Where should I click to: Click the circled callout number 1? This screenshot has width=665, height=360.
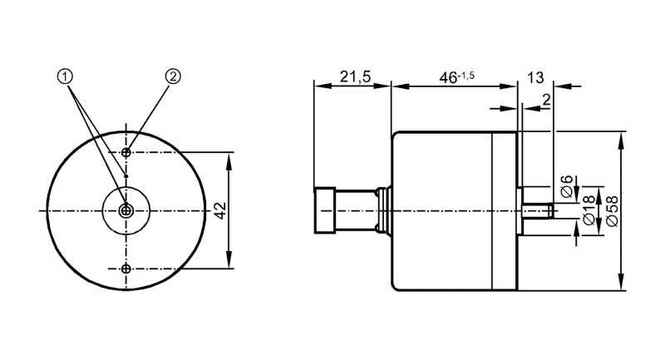65,76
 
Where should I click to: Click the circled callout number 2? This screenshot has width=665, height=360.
173,76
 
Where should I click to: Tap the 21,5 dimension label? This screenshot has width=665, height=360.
355,76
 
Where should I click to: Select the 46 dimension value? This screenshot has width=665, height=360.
448,78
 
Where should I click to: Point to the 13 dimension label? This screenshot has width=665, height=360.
535,77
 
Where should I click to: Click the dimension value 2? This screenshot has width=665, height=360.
546,100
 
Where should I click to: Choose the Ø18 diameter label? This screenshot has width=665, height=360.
589,210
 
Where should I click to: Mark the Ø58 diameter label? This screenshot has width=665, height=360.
613,210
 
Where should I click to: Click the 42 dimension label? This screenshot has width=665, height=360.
221,210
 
